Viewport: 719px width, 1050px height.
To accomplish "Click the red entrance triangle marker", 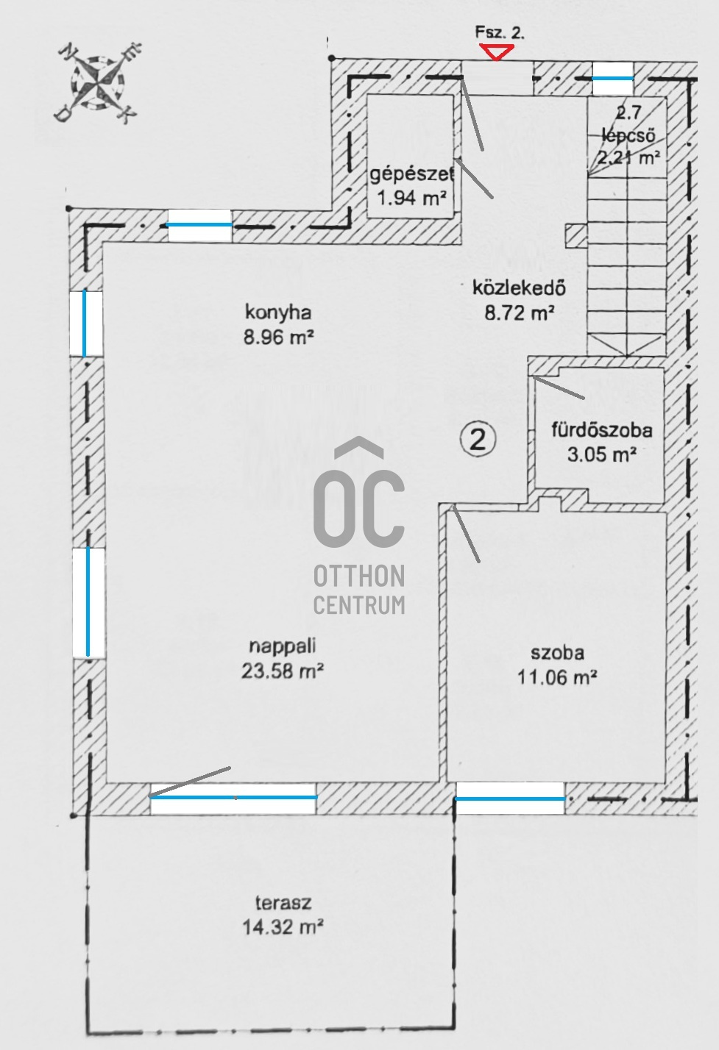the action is pos(496,51).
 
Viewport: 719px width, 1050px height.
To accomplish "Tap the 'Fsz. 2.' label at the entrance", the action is pos(500,32).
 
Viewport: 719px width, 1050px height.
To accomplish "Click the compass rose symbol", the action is pos(99,83).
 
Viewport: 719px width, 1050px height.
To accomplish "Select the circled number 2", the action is pos(478,440).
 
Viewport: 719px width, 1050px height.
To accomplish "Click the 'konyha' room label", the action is pos(278,312).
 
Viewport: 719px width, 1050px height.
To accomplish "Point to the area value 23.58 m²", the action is pos(283,671).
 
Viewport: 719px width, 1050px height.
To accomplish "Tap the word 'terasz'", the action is pos(283,902).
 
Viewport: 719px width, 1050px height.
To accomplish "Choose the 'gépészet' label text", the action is pos(412,174).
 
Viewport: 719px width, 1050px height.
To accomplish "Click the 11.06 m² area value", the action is pos(557,677).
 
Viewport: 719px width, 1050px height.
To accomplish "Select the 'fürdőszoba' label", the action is pos(602,430).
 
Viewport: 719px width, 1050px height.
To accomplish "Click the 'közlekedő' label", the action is pos(519,287).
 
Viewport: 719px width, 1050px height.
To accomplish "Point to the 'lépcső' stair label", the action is pos(628,135).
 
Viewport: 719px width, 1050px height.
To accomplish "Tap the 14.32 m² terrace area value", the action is pos(283,926).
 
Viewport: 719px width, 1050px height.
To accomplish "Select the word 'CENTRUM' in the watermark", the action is pos(359,604).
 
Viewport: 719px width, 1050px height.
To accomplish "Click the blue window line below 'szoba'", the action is pos(510,799).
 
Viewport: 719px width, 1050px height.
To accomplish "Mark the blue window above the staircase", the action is pos(613,78).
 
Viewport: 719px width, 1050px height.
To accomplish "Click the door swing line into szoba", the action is pos(465,534).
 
